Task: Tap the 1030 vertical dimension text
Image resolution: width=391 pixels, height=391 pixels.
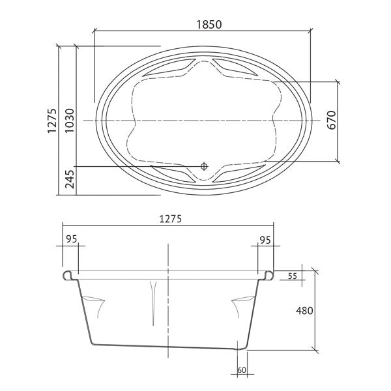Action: pyautogui.click(x=69, y=119)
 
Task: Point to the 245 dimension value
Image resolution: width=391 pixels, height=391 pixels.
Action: pyautogui.click(x=69, y=179)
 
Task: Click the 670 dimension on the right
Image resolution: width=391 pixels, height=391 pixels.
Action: pyautogui.click(x=331, y=121)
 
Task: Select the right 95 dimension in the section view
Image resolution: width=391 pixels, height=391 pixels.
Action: pyautogui.click(x=265, y=239)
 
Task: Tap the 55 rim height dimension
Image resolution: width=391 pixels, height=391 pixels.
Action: pyautogui.click(x=292, y=276)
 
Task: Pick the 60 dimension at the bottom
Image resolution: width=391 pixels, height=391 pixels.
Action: pyautogui.click(x=242, y=370)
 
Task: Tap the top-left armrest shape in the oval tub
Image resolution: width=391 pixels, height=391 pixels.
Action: pyautogui.click(x=169, y=67)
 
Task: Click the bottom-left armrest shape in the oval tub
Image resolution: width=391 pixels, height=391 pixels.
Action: pyautogui.click(x=171, y=173)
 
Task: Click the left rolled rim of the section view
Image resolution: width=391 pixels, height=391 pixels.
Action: pyautogui.click(x=70, y=276)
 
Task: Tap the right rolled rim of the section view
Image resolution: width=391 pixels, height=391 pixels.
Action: pyautogui.click(x=268, y=276)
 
